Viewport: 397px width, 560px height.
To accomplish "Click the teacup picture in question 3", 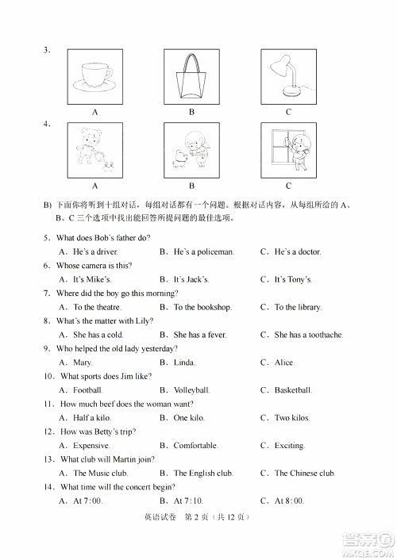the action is tap(94, 75).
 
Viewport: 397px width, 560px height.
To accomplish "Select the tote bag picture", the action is tap(191, 75).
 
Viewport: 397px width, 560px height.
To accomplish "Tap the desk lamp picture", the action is tap(288, 75).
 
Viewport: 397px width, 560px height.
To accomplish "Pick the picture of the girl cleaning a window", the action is tap(288, 148).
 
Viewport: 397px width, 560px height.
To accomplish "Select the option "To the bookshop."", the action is tap(202, 307).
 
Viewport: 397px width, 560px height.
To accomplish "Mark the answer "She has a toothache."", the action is tap(308, 335).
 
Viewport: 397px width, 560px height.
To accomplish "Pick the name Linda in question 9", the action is tap(184, 362).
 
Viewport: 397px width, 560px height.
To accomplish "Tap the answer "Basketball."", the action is tap(293, 390).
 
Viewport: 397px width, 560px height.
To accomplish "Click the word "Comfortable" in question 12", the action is tap(195, 446).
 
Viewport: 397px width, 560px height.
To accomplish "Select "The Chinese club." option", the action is tap(305, 474).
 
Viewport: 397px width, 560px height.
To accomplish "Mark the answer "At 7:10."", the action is tap(188, 501).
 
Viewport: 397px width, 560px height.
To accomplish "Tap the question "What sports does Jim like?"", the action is tap(108, 377).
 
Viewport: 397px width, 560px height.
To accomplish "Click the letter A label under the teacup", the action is tap(94, 112).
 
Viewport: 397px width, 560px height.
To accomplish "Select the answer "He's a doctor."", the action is tap(298, 251).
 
